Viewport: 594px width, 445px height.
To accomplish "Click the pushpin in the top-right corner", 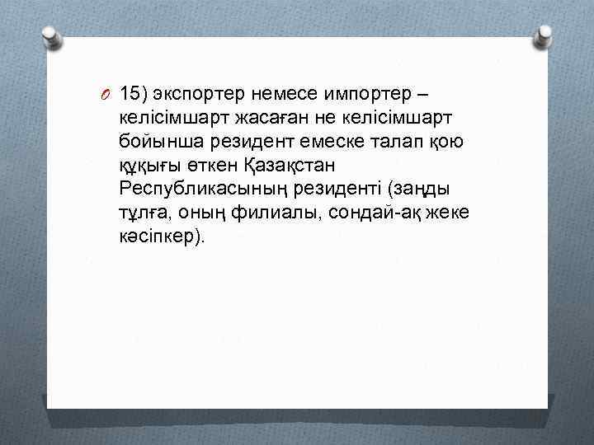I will coord(544,35).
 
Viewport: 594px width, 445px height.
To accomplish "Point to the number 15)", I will coord(134,91).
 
